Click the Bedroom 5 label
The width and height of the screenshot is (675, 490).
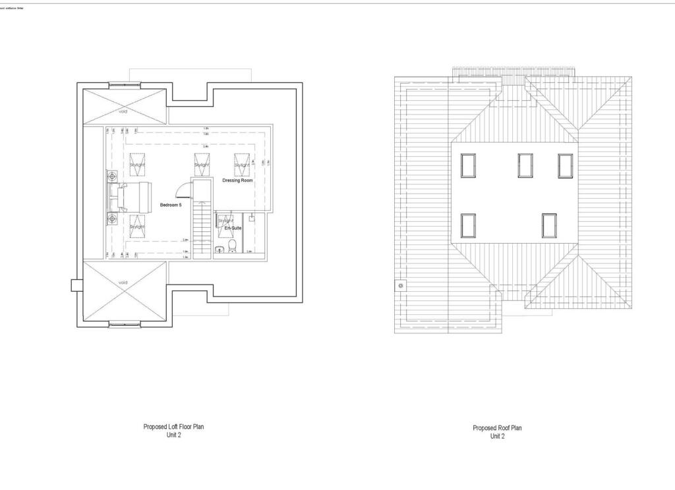171,205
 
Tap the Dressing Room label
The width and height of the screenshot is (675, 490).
238,180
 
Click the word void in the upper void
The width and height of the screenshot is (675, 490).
123,111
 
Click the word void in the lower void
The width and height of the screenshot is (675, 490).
123,283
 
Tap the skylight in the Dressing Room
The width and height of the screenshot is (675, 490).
242,165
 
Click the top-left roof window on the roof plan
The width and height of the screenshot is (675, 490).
468,165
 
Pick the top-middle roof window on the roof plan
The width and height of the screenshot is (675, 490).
525,165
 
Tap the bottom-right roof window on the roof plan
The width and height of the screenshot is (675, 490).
550,225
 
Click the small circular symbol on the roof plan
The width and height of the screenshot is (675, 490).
401,285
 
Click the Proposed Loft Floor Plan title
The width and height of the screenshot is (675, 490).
173,427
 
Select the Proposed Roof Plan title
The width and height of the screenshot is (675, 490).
497,428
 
